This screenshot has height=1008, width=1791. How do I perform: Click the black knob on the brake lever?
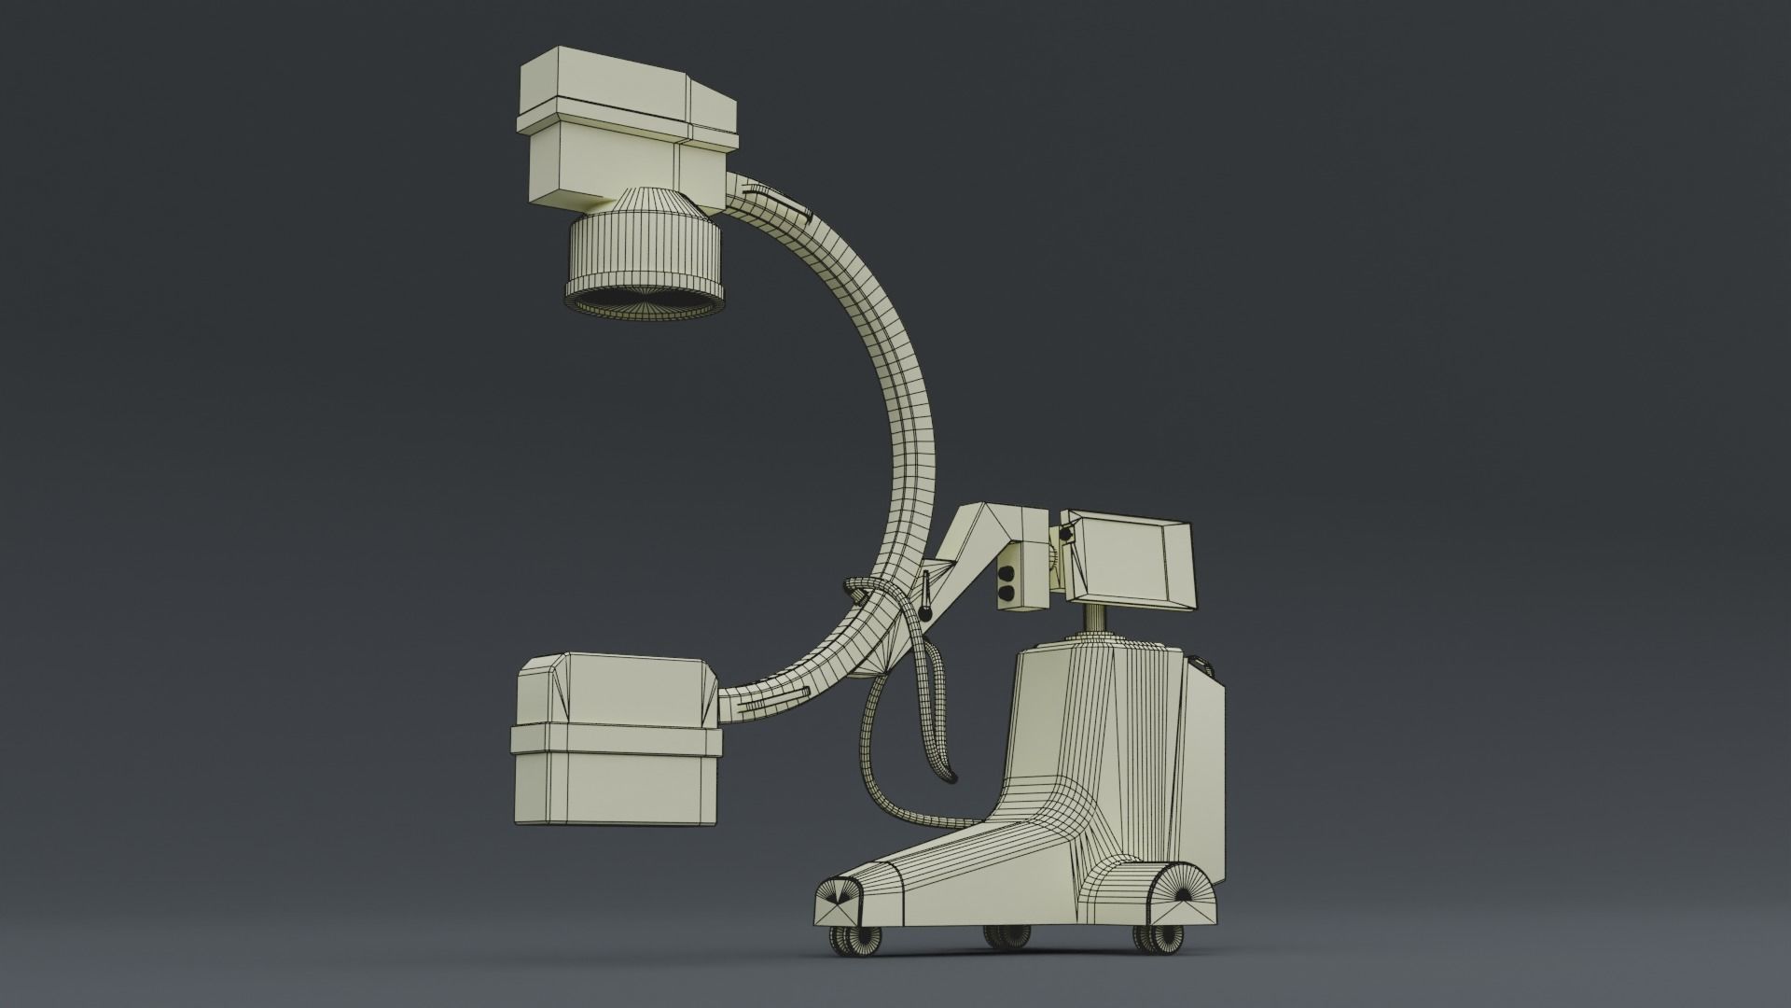point(925,611)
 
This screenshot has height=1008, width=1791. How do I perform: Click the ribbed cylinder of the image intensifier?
point(644,252)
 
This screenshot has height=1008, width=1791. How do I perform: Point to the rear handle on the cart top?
point(1205,666)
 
